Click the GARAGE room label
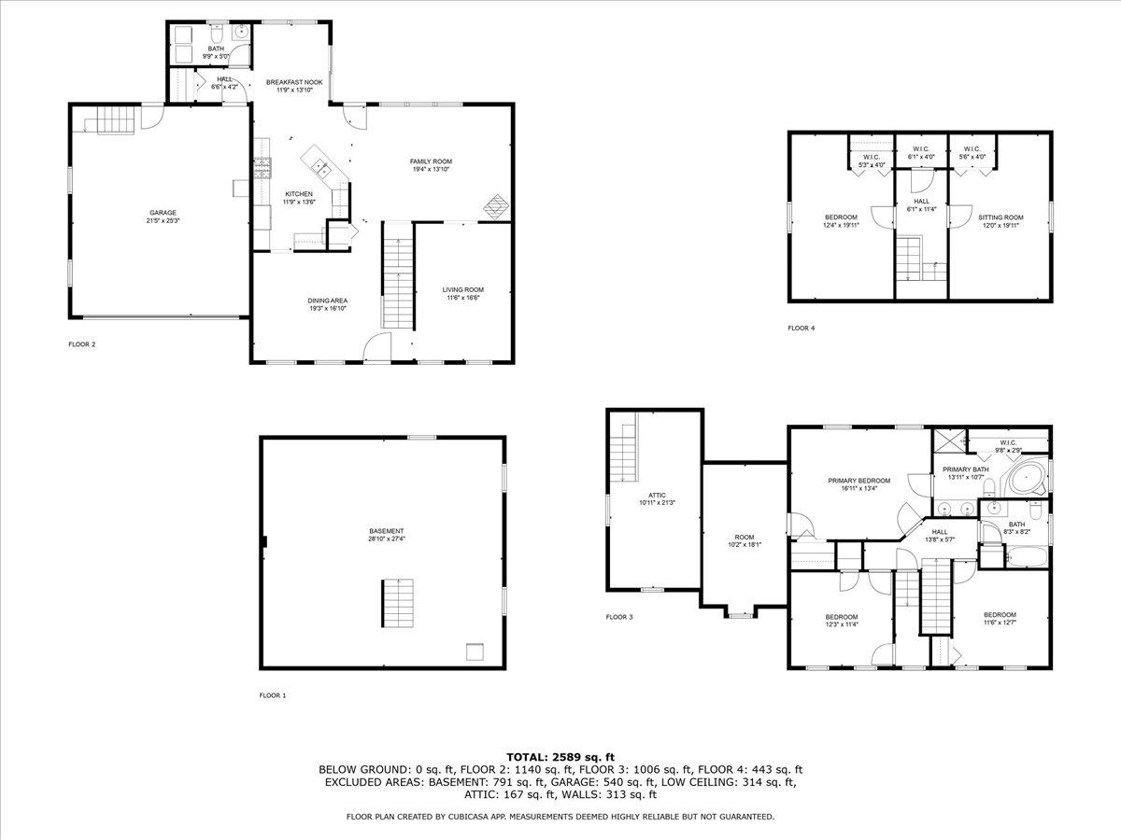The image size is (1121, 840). click(162, 213)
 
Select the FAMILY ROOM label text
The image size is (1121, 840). click(431, 161)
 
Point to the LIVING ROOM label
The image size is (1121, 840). click(462, 289)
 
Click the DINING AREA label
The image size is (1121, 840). click(328, 301)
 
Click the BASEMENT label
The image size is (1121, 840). click(386, 531)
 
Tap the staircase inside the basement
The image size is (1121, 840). click(397, 602)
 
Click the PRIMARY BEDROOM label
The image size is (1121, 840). click(858, 481)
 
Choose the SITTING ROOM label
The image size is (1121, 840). click(1000, 217)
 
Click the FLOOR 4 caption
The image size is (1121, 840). click(801, 328)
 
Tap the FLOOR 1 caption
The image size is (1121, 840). click(273, 695)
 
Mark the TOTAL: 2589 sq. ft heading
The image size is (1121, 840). click(560, 756)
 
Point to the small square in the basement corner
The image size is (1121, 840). click(475, 651)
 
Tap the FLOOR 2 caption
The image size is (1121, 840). click(81, 344)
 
